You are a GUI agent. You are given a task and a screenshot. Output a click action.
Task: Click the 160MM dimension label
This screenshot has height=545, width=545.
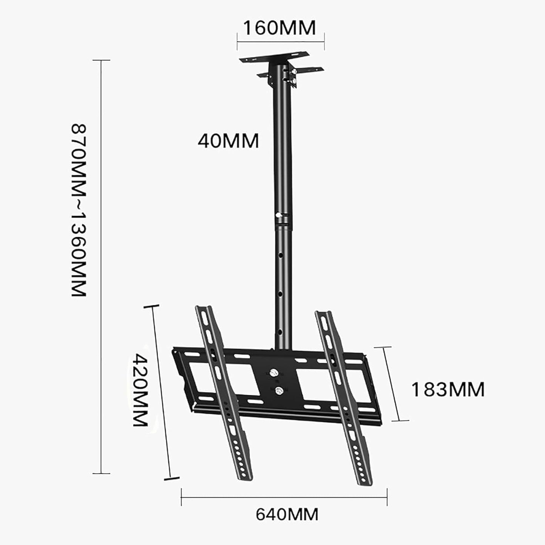point(279,28)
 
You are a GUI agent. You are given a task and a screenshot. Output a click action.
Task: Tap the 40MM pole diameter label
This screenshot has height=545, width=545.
point(228,141)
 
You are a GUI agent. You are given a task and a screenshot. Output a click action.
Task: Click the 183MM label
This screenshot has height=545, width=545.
point(448,390)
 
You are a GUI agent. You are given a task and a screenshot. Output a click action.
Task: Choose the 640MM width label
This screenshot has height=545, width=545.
point(287,514)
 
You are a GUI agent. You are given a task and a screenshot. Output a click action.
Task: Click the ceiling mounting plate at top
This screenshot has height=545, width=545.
point(274,58)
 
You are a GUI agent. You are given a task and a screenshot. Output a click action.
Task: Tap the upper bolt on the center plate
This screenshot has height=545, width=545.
point(275,373)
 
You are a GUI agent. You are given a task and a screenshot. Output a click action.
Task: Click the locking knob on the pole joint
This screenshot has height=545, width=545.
point(279,215)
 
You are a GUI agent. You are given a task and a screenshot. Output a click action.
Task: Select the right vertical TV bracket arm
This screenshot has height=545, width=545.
point(343,396)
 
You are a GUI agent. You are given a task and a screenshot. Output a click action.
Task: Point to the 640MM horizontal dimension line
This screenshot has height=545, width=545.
point(284,497)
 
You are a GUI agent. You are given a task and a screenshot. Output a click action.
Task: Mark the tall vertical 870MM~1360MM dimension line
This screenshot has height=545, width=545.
point(101,264)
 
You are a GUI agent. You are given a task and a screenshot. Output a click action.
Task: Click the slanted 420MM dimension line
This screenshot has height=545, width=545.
point(161,392)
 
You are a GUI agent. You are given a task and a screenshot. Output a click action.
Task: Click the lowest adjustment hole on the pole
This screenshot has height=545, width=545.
point(280,332)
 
